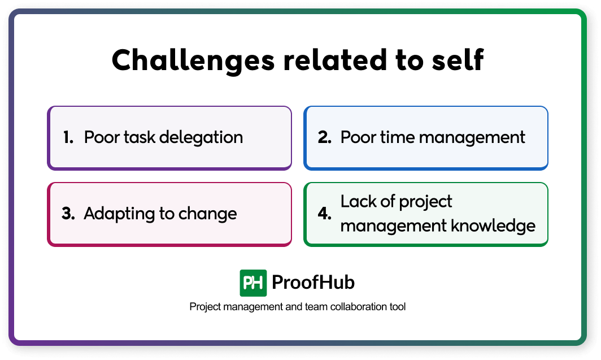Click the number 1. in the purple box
(x=68, y=137)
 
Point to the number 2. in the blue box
(x=324, y=137)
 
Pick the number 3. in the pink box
(x=68, y=214)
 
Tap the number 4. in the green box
(x=325, y=214)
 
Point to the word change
(x=207, y=214)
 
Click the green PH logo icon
(x=253, y=283)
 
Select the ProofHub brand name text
(x=313, y=283)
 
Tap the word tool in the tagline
(x=398, y=307)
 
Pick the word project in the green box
(x=424, y=201)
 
